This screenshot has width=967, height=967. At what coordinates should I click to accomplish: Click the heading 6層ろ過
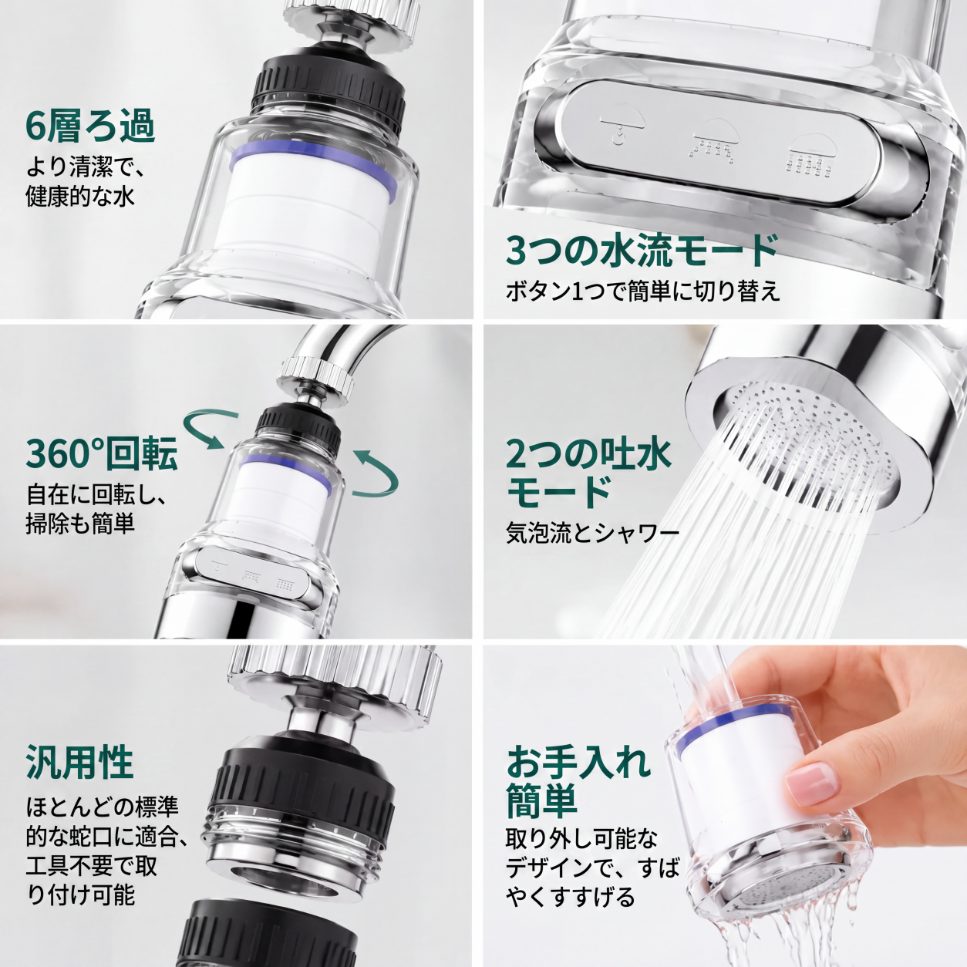point(90,127)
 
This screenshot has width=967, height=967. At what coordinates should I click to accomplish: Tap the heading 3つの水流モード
point(642,250)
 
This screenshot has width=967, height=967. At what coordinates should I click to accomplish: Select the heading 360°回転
point(102,453)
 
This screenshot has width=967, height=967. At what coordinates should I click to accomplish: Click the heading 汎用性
point(79,761)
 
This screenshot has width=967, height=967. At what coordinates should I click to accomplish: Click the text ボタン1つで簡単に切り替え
point(643,291)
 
